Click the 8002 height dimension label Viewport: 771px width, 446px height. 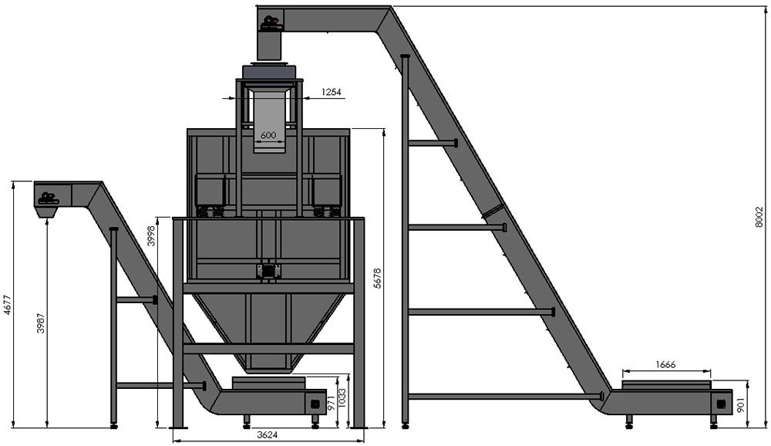click(759, 217)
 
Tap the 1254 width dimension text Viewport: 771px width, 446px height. click(332, 92)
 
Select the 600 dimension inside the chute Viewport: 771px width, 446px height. click(268, 135)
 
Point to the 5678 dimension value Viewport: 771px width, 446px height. click(378, 278)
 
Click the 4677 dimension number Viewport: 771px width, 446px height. click(6, 306)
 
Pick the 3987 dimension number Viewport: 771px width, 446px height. click(42, 323)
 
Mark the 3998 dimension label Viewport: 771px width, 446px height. click(151, 235)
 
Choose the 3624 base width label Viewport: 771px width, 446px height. click(268, 434)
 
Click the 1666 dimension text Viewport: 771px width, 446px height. click(666, 365)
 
